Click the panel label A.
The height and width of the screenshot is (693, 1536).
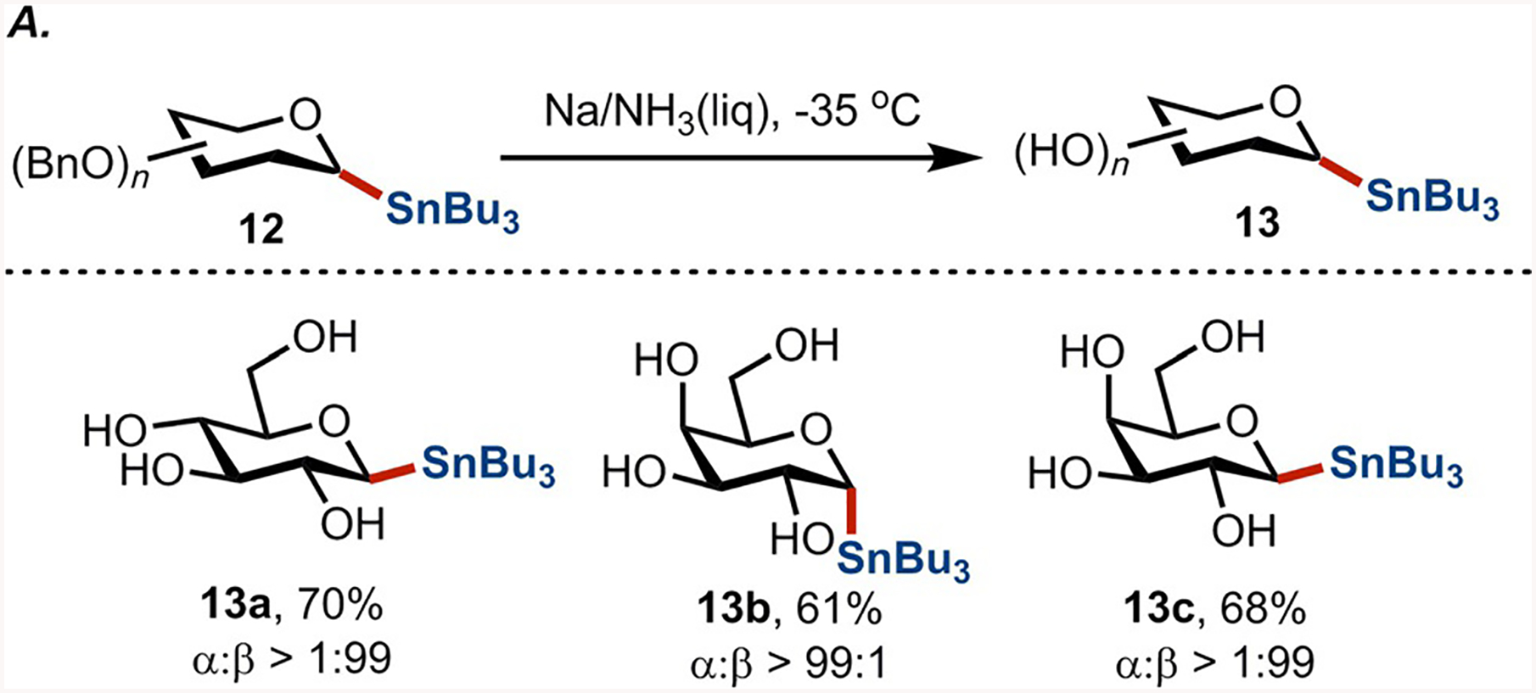(27, 28)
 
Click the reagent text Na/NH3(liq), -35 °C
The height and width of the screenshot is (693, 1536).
(732, 111)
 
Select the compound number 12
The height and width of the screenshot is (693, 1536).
(261, 229)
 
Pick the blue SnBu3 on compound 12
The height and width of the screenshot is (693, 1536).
(451, 211)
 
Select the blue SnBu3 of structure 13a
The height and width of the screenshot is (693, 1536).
(488, 465)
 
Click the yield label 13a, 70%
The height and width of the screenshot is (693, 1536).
(291, 607)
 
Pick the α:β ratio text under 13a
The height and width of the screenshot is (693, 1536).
(291, 659)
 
